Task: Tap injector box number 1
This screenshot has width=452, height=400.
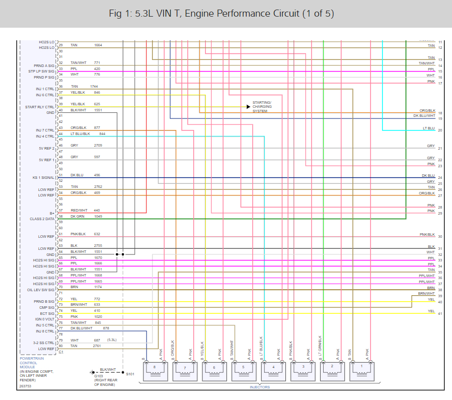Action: coord(361,371)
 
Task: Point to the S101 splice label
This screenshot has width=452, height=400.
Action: coord(130,374)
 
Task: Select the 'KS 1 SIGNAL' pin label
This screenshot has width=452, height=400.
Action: coord(43,178)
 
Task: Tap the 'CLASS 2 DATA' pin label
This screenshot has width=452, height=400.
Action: coord(42,219)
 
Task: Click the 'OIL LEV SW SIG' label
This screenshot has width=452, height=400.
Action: coord(41,290)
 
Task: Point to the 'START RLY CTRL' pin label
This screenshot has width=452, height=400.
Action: coord(40,107)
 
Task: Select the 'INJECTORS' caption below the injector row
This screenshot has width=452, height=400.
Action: coord(260,387)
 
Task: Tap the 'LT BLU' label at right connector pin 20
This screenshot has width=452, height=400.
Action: coord(428,128)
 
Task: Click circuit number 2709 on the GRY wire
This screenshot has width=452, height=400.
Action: coord(98,145)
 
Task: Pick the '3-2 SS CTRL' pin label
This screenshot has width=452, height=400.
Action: coord(43,343)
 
